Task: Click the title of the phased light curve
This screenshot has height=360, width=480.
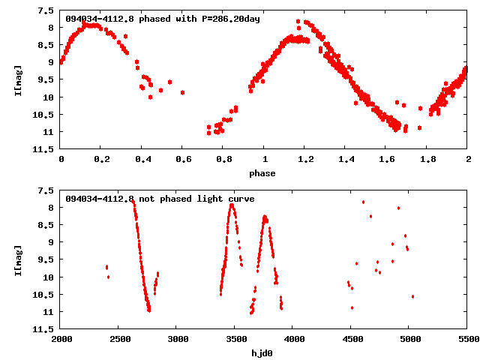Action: click(163, 19)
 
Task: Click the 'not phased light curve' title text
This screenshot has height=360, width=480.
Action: click(160, 199)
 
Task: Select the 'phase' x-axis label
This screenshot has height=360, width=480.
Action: click(264, 172)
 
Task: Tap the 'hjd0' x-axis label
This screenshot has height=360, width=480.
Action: click(264, 352)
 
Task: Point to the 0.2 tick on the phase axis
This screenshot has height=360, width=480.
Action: click(101, 159)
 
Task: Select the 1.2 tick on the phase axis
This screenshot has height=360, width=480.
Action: click(305, 159)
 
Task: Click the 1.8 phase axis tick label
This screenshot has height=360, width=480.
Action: click(427, 159)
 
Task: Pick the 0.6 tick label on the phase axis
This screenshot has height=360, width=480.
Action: click(183, 159)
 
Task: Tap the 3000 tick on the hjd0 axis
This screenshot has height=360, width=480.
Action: click(177, 339)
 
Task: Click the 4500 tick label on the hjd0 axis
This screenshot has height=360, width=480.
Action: click(351, 339)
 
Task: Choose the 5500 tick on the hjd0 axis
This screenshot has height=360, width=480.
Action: click(467, 339)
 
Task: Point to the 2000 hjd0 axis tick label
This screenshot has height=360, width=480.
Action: click(61, 339)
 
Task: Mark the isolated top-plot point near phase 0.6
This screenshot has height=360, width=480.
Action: click(182, 92)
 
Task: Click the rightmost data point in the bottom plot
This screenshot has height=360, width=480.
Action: click(412, 296)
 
